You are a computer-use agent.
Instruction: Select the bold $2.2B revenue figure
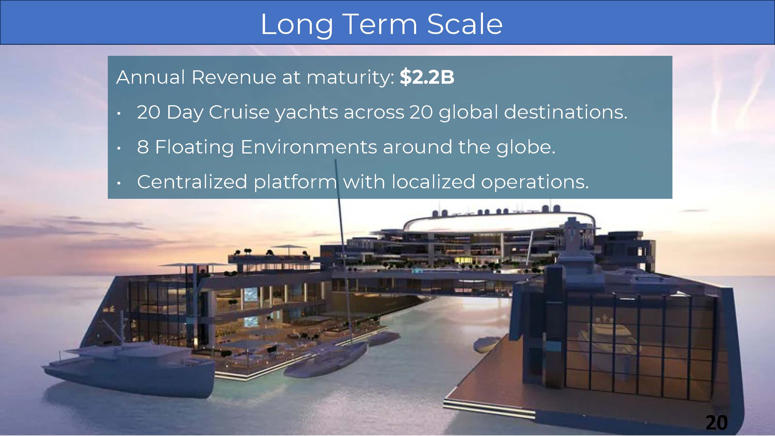[x=427, y=77]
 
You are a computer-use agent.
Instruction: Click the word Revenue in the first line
[x=233, y=77]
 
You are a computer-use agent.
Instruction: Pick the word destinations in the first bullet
[x=565, y=112]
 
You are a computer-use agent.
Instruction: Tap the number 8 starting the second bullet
[x=143, y=147]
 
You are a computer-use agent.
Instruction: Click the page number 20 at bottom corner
[x=716, y=422]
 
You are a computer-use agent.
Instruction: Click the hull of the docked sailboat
[x=325, y=360]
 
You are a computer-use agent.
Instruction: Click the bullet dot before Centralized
[x=119, y=183]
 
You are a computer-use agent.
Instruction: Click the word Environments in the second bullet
[x=309, y=147]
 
